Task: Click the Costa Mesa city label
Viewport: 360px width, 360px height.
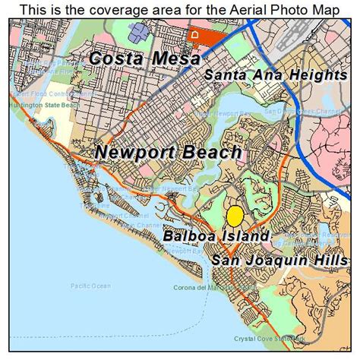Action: (x=145, y=58)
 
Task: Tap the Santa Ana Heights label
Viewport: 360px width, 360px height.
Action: (x=276, y=75)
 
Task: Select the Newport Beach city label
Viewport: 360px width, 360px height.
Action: (x=168, y=152)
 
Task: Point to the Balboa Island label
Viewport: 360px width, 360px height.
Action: (x=216, y=236)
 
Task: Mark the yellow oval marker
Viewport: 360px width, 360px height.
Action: (x=235, y=216)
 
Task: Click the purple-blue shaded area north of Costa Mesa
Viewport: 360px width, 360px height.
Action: (x=140, y=32)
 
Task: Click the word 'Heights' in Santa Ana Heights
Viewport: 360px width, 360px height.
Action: (x=322, y=75)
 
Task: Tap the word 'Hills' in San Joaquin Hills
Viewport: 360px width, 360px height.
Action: (x=332, y=261)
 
